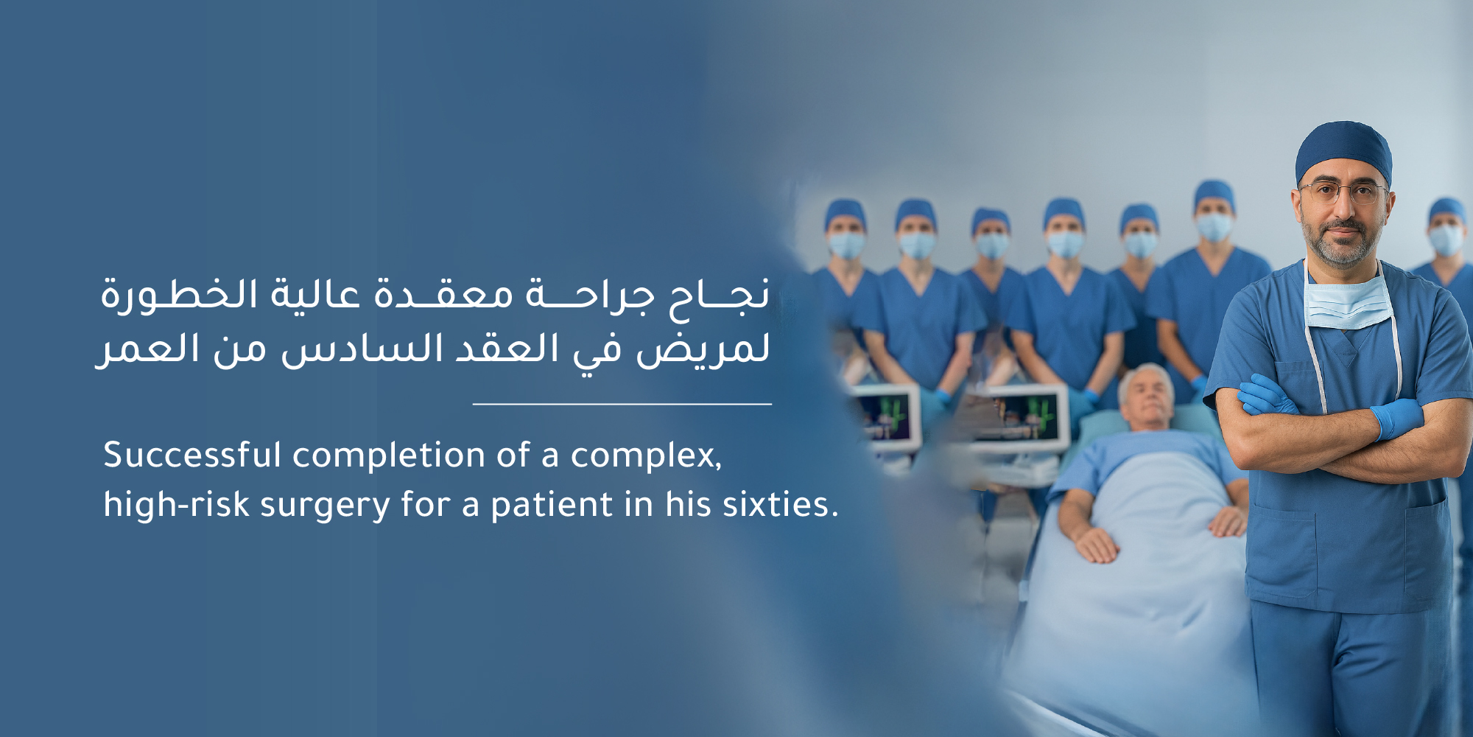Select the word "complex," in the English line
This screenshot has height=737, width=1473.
pyautogui.click(x=646, y=456)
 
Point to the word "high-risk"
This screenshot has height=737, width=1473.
pyautogui.click(x=176, y=506)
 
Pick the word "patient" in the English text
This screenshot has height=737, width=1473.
pyautogui.click(x=552, y=506)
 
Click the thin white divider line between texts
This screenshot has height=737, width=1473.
pyautogui.click(x=622, y=404)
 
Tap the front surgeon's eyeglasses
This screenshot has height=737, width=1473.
pyautogui.click(x=1342, y=194)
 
